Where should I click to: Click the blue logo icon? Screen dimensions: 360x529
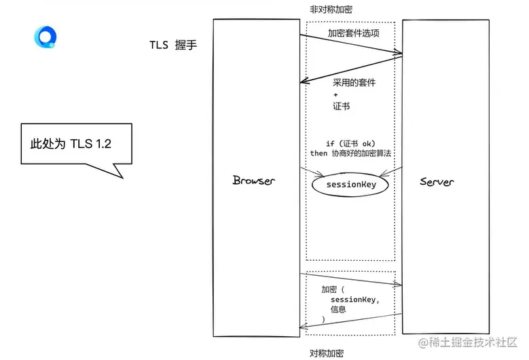45,37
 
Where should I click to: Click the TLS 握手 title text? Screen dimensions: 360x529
173,46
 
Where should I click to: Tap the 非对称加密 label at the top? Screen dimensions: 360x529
331,9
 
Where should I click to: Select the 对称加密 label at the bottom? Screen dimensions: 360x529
326,353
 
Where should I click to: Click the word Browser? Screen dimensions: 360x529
253,181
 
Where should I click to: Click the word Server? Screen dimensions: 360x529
437,181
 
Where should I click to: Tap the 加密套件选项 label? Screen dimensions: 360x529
353,33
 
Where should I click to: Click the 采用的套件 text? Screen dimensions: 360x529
354,82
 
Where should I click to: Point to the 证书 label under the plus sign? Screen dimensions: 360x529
341,107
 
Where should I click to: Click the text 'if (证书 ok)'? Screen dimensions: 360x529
350,143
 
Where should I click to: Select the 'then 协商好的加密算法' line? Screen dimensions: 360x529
350,154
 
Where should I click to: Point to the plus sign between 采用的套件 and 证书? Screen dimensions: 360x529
335,94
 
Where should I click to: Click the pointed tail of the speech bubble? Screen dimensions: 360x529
120,175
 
